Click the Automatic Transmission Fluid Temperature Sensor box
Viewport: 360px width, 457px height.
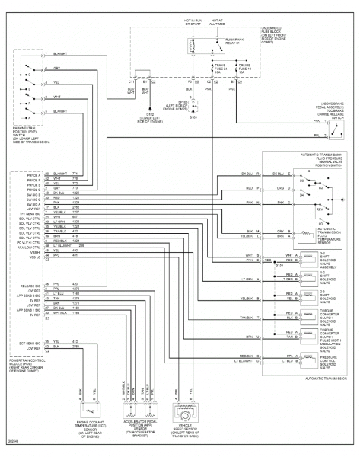pyautogui.click(x=305, y=233)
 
